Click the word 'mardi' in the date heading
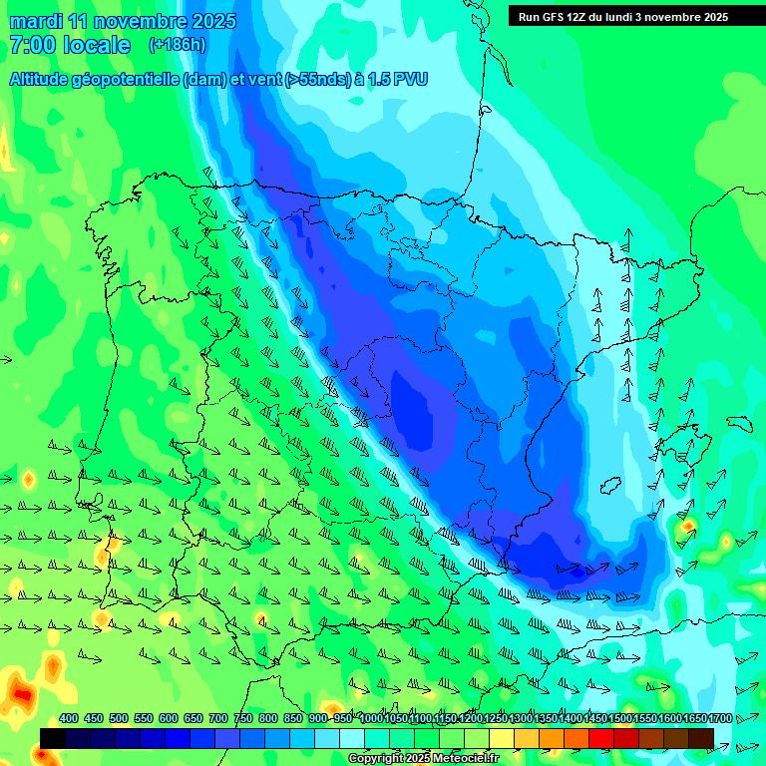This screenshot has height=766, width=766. pyautogui.click(x=37, y=21)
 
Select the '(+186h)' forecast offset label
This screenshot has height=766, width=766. pyautogui.click(x=177, y=45)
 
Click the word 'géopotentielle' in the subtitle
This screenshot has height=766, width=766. pyautogui.click(x=130, y=80)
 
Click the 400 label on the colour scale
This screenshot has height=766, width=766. pyautogui.click(x=69, y=719)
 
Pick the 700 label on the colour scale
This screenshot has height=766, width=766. pyautogui.click(x=218, y=719)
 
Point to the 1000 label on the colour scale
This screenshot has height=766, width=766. pyautogui.click(x=370, y=719)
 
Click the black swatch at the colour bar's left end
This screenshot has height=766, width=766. pyautogui.click(x=53, y=738)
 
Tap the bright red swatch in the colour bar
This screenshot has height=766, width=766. pyautogui.click(x=601, y=738)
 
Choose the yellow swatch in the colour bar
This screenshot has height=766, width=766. pyautogui.click(x=502, y=738)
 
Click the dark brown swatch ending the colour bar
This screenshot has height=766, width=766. pyautogui.click(x=701, y=738)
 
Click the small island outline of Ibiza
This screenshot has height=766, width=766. pyautogui.click(x=611, y=486)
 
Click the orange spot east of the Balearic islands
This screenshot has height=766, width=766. pyautogui.click(x=687, y=525)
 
